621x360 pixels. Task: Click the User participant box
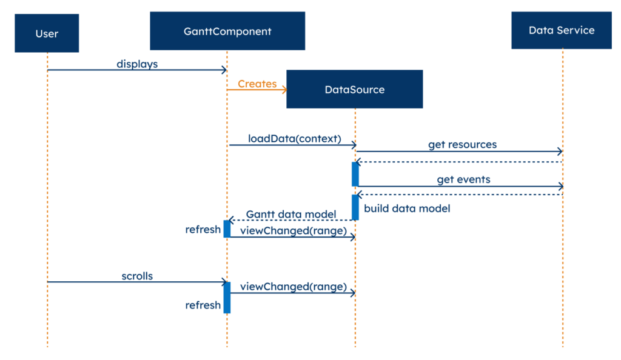click(x=47, y=33)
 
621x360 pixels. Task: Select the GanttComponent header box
click(x=227, y=31)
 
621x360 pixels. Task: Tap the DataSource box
click(x=354, y=89)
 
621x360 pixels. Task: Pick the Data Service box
click(x=561, y=30)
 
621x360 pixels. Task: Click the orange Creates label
click(x=257, y=84)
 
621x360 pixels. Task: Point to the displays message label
click(x=137, y=64)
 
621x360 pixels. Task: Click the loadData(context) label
click(x=294, y=138)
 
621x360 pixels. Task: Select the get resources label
click(x=462, y=144)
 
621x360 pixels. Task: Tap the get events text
click(x=463, y=179)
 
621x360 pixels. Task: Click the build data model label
click(x=407, y=208)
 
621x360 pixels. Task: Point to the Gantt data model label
click(x=291, y=214)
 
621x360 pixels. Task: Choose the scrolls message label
click(x=137, y=276)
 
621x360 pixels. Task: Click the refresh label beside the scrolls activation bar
click(x=203, y=305)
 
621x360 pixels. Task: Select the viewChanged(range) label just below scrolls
click(x=294, y=287)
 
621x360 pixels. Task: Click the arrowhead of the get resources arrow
click(x=560, y=151)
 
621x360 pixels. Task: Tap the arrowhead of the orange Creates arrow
click(x=284, y=90)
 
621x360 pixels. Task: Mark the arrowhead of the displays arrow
click(x=224, y=70)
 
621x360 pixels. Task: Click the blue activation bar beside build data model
click(x=355, y=207)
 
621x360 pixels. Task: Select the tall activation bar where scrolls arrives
click(x=227, y=298)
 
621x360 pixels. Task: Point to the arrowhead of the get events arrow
click(x=560, y=186)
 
